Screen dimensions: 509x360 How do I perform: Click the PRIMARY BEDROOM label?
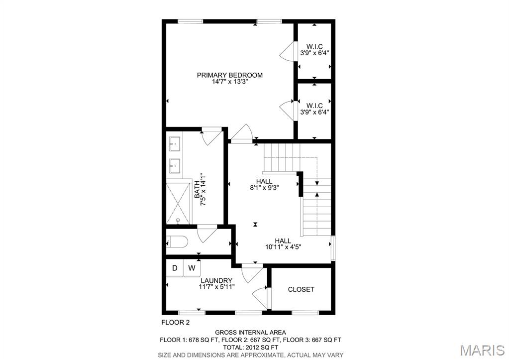coord(229,75)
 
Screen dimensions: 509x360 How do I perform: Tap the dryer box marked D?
coord(175,268)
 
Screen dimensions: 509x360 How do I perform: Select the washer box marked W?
coord(192,268)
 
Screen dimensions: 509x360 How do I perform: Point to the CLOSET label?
coord(301,289)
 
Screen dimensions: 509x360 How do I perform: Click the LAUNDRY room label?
coord(216,281)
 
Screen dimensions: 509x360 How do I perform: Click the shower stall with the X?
coord(178,203)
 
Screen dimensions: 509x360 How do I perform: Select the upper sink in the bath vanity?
coord(175,143)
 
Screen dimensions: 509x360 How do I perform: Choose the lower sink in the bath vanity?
coord(175,165)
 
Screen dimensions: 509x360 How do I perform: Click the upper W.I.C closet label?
coord(314,46)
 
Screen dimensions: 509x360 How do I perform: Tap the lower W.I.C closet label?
coord(314,106)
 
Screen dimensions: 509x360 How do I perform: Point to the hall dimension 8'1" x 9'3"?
coord(264,188)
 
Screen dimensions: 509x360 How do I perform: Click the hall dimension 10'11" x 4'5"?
coord(283,247)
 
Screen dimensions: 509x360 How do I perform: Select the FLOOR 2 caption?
coord(175,323)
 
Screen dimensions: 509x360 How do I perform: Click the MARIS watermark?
coord(483,350)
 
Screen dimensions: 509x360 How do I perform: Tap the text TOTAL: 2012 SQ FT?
coord(250,348)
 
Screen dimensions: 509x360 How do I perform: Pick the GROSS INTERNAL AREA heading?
coord(250,333)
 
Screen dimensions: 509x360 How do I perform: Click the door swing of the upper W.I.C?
coord(287,51)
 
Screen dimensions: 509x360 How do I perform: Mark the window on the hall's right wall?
coord(333,247)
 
